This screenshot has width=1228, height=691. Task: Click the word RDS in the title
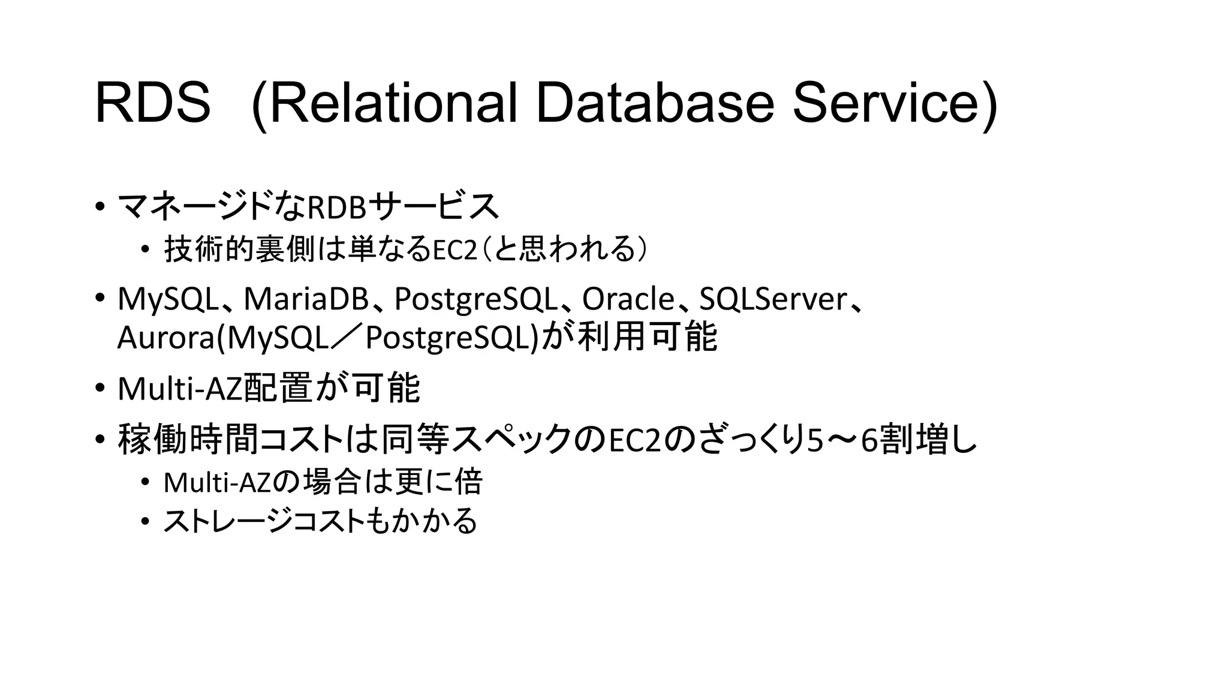152,104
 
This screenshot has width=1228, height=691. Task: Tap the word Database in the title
654,104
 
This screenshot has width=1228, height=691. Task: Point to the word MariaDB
306,299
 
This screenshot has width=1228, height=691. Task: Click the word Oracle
628,299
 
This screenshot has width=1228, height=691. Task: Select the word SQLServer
773,299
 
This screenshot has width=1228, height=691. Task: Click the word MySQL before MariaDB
168,299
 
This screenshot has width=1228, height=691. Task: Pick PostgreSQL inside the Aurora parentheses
450,338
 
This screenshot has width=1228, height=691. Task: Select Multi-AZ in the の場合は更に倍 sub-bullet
218,483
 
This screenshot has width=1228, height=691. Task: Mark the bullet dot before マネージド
99,208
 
